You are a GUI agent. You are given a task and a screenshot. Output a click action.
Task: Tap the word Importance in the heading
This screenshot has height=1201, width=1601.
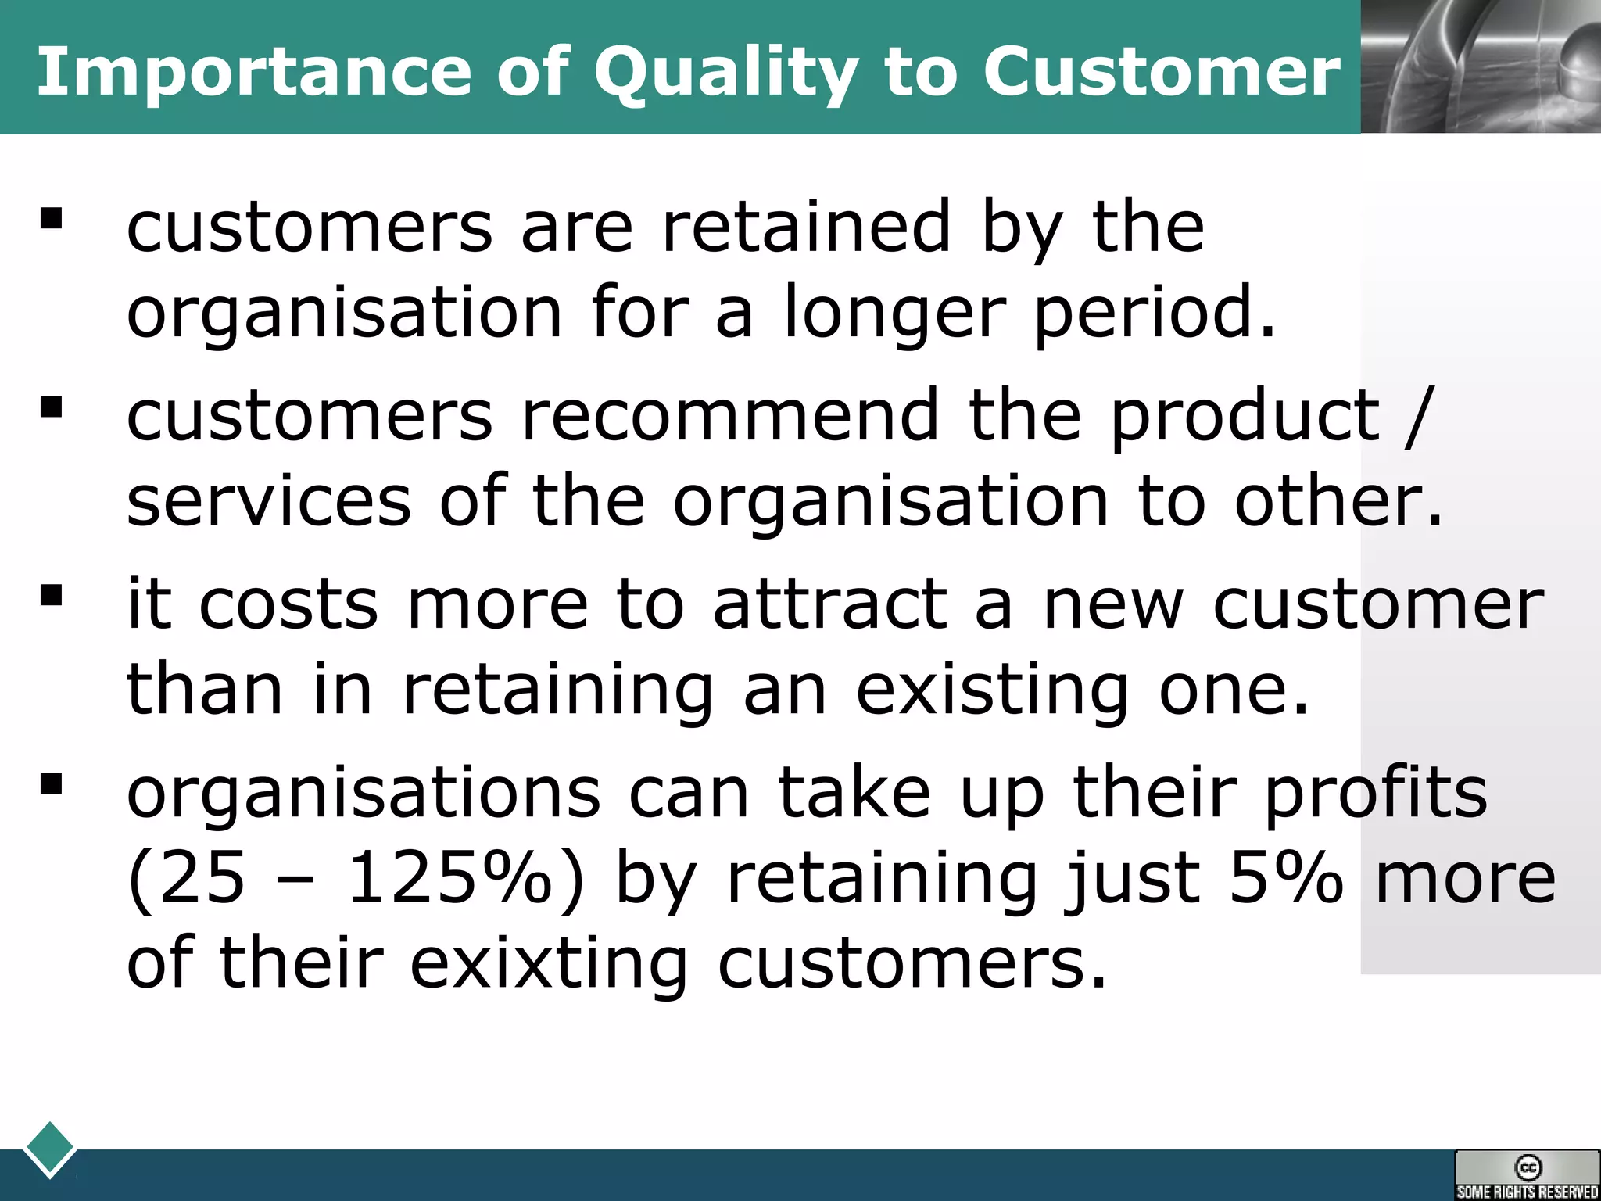click(254, 72)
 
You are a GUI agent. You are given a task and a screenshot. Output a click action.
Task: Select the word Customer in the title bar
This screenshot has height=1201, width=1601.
click(1161, 72)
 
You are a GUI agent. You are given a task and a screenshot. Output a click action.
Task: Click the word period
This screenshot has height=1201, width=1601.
click(1154, 313)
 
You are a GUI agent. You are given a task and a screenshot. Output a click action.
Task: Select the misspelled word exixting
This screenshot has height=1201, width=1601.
click(548, 963)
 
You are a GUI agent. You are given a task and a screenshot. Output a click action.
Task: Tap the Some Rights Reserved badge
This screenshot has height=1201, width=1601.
click(1527, 1174)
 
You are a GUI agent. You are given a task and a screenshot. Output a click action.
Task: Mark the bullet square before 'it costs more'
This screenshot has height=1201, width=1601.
click(52, 596)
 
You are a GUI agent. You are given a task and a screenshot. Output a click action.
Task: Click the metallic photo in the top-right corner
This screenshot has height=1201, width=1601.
click(1481, 66)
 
